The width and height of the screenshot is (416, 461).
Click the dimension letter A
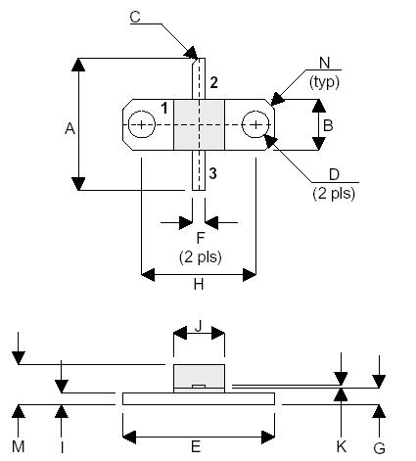coord(69,127)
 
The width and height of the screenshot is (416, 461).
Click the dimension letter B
coord(329,125)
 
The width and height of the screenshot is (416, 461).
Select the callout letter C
coord(135,16)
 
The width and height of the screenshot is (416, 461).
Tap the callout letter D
coord(334,175)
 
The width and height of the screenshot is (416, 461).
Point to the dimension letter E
coord(196,446)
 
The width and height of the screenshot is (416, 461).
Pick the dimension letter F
coord(201,239)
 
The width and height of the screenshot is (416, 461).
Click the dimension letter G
coord(379,446)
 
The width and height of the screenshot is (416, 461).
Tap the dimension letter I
coord(62,446)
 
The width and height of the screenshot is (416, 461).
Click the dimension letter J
coord(200,329)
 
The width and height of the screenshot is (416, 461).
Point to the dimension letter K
coord(341,446)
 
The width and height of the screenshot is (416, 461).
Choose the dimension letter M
coord(19,446)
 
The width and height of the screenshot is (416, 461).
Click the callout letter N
coord(323,65)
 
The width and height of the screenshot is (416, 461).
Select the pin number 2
coord(212,81)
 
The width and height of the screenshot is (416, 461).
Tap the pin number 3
coord(212,173)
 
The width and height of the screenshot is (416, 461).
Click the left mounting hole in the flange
coord(143,125)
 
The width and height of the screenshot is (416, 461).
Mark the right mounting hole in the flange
coord(255,125)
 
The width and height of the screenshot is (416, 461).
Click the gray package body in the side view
coord(200,376)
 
